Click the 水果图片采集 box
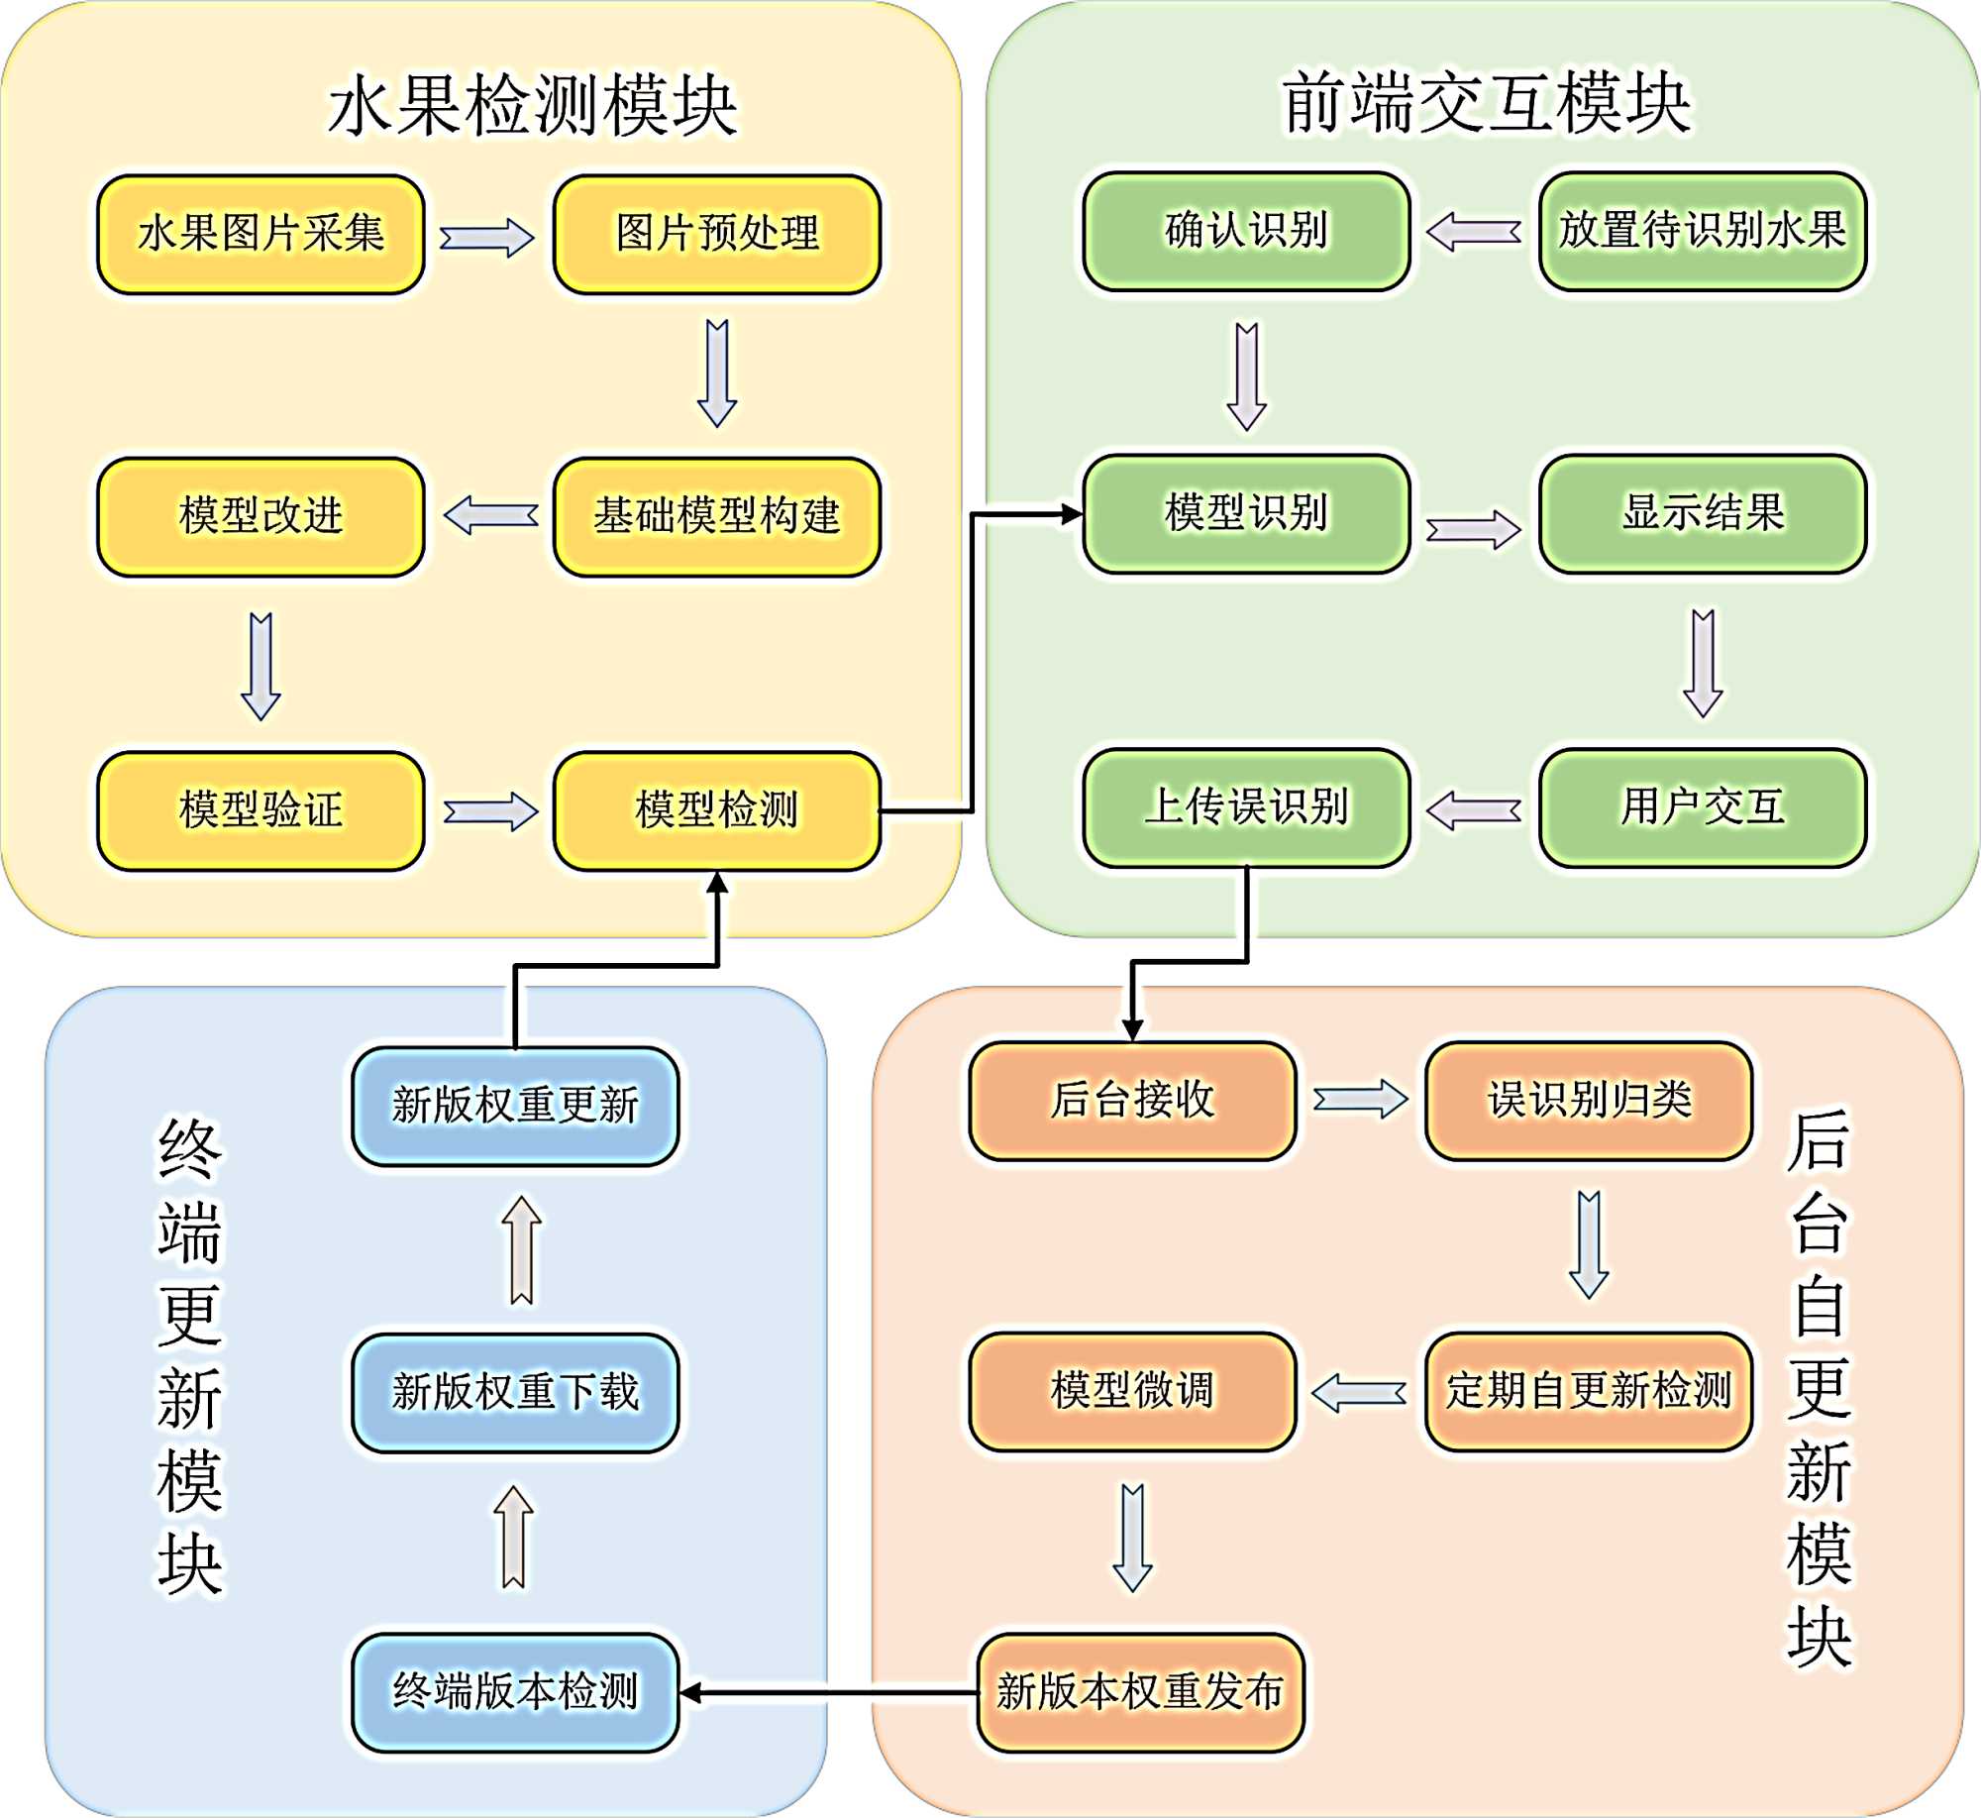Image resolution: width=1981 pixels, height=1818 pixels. [x=261, y=235]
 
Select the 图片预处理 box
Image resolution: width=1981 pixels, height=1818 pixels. [x=717, y=235]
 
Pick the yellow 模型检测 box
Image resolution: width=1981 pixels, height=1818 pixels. [x=717, y=811]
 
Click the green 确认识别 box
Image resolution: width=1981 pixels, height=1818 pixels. [x=1246, y=232]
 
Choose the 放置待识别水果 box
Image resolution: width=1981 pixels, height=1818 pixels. [x=1703, y=232]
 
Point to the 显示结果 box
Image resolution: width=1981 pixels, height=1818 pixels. [x=1703, y=514]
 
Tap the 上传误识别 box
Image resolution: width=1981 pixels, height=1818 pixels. [x=1246, y=808]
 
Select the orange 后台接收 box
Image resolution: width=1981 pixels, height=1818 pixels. [x=1132, y=1101]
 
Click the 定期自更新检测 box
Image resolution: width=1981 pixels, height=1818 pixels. [x=1589, y=1392]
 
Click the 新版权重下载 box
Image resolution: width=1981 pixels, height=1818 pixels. [x=515, y=1393]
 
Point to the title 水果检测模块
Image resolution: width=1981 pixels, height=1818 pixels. [x=532, y=105]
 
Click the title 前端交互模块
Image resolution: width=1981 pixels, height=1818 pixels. [x=1486, y=102]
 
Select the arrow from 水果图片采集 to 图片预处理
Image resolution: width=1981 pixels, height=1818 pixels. [x=487, y=238]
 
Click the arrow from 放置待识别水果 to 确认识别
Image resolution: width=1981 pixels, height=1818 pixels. [x=1474, y=233]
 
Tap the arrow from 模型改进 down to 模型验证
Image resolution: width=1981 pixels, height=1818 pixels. [x=261, y=666]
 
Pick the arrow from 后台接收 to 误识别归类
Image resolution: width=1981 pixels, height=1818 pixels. [x=1361, y=1100]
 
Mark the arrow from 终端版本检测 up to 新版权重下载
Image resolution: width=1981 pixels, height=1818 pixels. [x=514, y=1537]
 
